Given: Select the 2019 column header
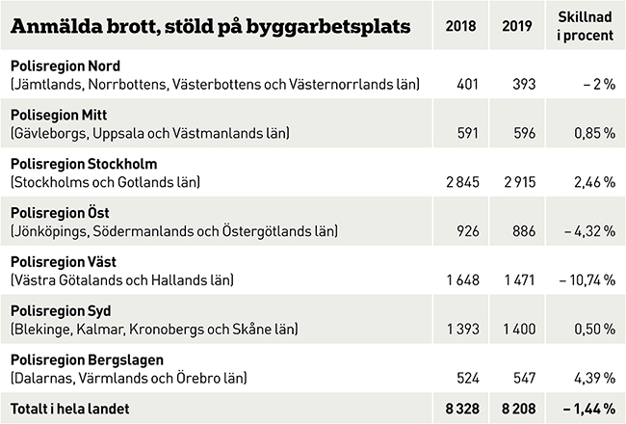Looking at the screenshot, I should point(519,24).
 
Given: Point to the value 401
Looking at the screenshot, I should point(467,85).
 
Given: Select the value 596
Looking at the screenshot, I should point(525,133).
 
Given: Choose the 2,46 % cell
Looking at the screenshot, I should point(592,181).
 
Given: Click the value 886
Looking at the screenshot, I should point(525,231).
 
